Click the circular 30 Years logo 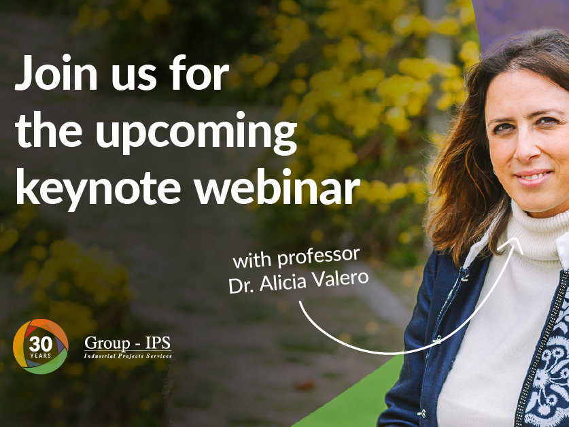40,346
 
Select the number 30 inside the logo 41,344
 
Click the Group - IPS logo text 127,343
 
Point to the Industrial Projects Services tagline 128,356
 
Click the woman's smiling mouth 534,177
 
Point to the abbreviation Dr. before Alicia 242,286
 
